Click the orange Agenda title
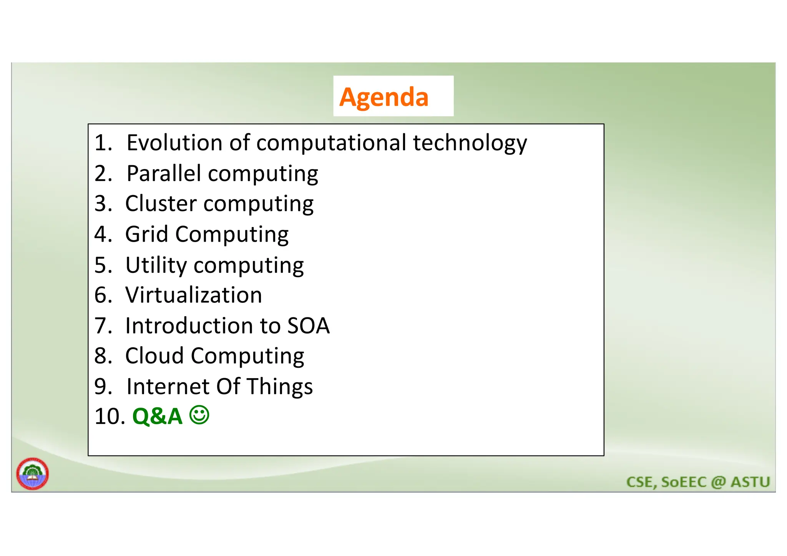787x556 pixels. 384,97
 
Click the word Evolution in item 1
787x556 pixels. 174,143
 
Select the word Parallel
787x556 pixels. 164,173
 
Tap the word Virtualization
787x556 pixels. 193,295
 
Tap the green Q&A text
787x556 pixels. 157,416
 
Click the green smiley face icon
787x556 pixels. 199,415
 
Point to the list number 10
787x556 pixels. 110,417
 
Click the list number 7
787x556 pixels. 103,326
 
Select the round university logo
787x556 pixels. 33,473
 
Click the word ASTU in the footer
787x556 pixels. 750,482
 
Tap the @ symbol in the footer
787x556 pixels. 718,482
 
